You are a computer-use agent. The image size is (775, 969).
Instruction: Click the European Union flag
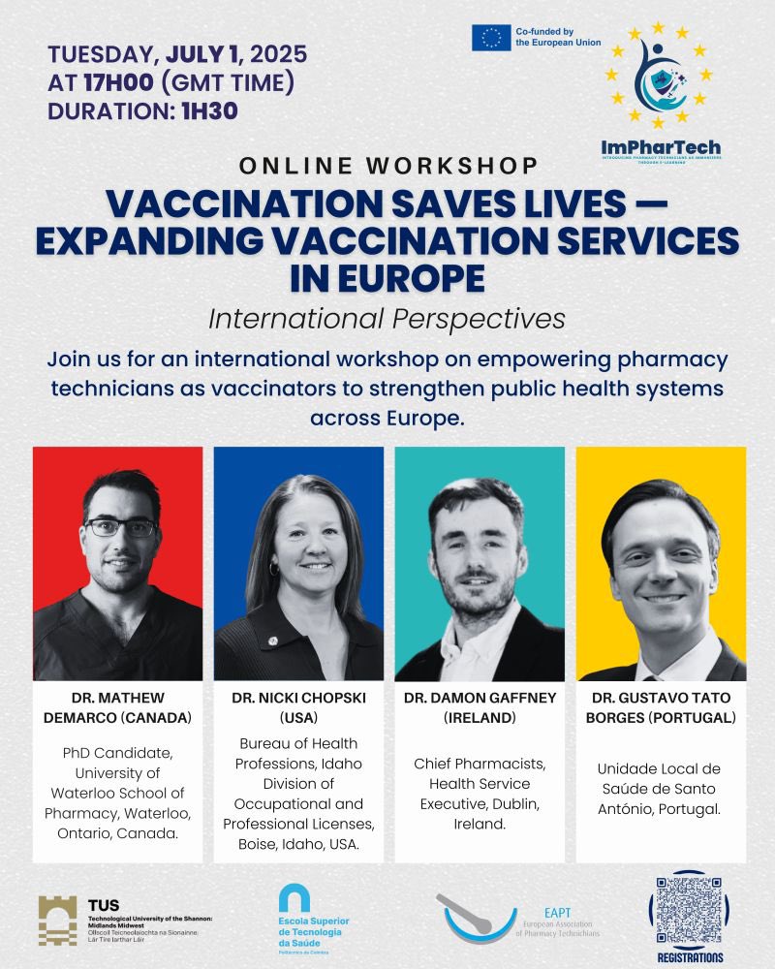(x=491, y=38)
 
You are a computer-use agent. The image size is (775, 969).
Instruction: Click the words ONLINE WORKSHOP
(x=387, y=165)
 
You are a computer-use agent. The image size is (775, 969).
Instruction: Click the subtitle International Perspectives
(x=387, y=317)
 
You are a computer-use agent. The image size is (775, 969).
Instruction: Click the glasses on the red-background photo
(x=120, y=528)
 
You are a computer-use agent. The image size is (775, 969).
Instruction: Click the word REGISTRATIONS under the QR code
(x=687, y=957)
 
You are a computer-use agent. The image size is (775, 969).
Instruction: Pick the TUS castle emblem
(x=57, y=921)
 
